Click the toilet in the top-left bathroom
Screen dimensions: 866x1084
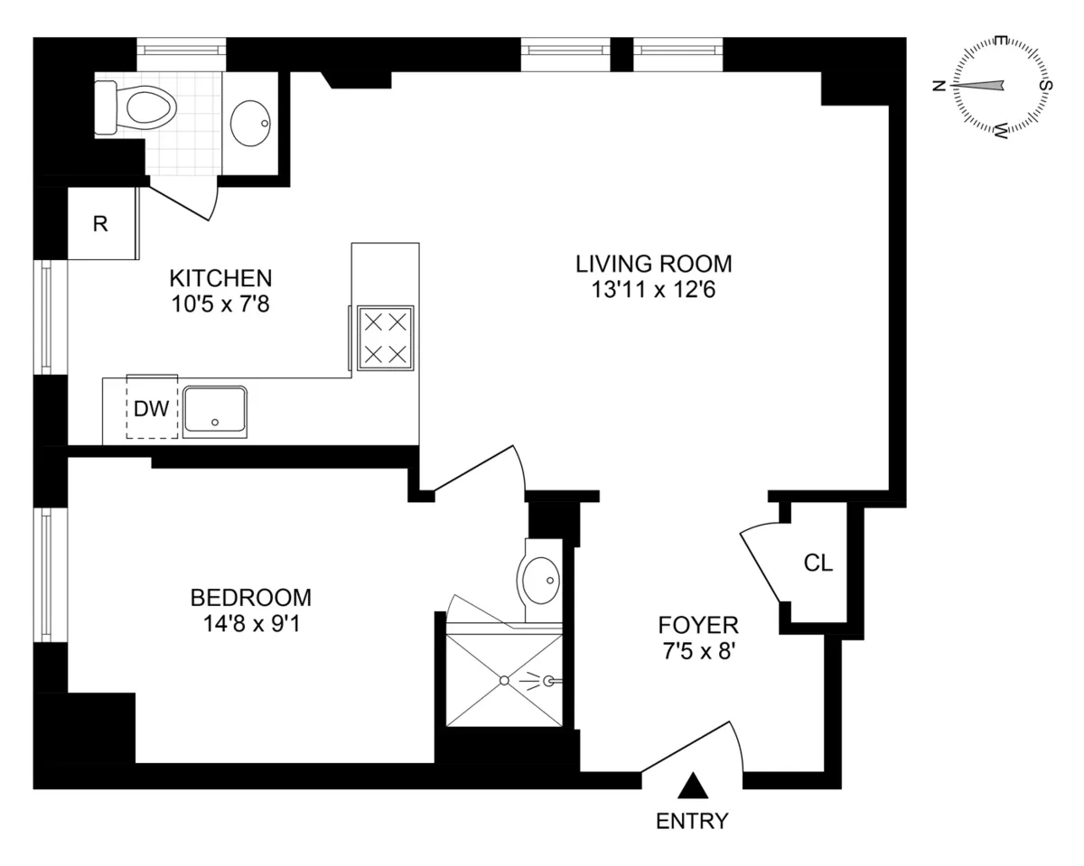pos(140,108)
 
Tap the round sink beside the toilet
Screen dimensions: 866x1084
pos(250,123)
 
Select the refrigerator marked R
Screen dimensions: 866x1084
pos(100,224)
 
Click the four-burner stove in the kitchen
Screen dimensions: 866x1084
pos(386,337)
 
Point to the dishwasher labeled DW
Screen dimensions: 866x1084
pos(152,408)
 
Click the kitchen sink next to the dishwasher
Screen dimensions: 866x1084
pos(215,412)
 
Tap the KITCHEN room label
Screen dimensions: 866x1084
pos(221,277)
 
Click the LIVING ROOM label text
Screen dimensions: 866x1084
pos(653,264)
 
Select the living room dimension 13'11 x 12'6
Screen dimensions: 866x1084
pos(653,291)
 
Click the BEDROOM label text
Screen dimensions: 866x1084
pos(250,597)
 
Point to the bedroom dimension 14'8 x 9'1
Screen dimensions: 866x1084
pos(250,624)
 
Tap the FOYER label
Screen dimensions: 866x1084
pos(698,624)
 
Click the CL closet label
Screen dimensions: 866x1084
pos(818,563)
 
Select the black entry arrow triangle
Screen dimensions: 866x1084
pos(693,786)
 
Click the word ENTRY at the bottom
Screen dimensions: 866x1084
pos(692,821)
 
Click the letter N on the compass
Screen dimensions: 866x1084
pos(939,86)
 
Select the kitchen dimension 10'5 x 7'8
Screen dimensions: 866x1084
pos(221,304)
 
